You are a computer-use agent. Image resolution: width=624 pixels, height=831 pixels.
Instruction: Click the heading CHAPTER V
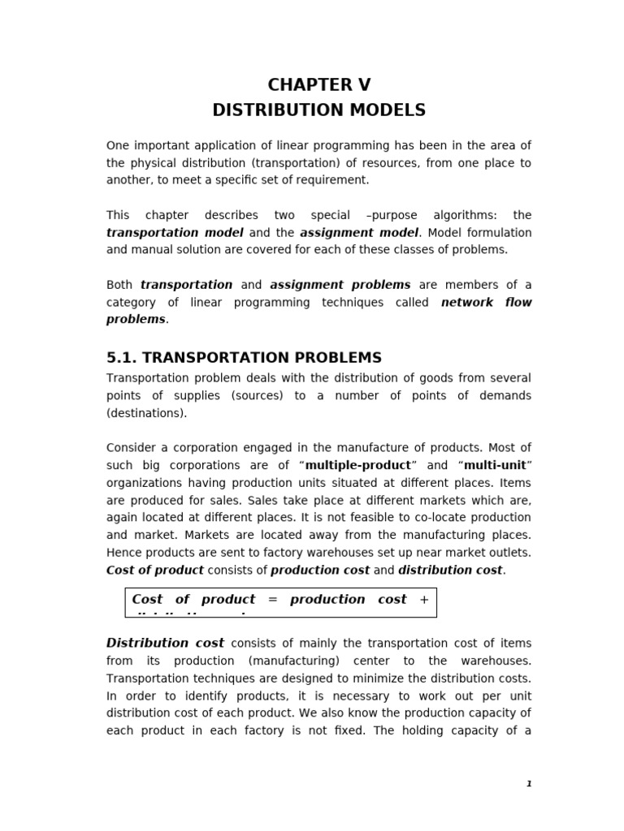coord(318,85)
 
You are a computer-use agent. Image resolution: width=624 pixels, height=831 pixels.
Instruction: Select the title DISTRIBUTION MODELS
coord(318,110)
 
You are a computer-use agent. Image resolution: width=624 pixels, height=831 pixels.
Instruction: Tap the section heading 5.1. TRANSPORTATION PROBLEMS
coord(244,358)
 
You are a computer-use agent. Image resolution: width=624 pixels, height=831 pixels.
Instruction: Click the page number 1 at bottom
coord(528,783)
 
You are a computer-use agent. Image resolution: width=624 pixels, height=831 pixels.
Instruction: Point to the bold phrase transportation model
coord(175,233)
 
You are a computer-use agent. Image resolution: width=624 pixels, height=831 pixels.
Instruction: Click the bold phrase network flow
coord(486,302)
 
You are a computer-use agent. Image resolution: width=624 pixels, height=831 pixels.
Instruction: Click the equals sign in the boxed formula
coord(272,599)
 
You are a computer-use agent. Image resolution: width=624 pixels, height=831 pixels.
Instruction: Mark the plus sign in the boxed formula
coord(423,599)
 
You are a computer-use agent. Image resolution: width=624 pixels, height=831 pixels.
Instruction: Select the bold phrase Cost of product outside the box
coord(155,570)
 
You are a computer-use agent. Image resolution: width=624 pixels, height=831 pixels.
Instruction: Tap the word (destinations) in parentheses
coord(146,412)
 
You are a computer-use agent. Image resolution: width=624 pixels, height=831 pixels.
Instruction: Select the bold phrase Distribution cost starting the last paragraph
coord(165,643)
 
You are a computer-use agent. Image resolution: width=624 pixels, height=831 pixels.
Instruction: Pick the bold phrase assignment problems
coord(340,285)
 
